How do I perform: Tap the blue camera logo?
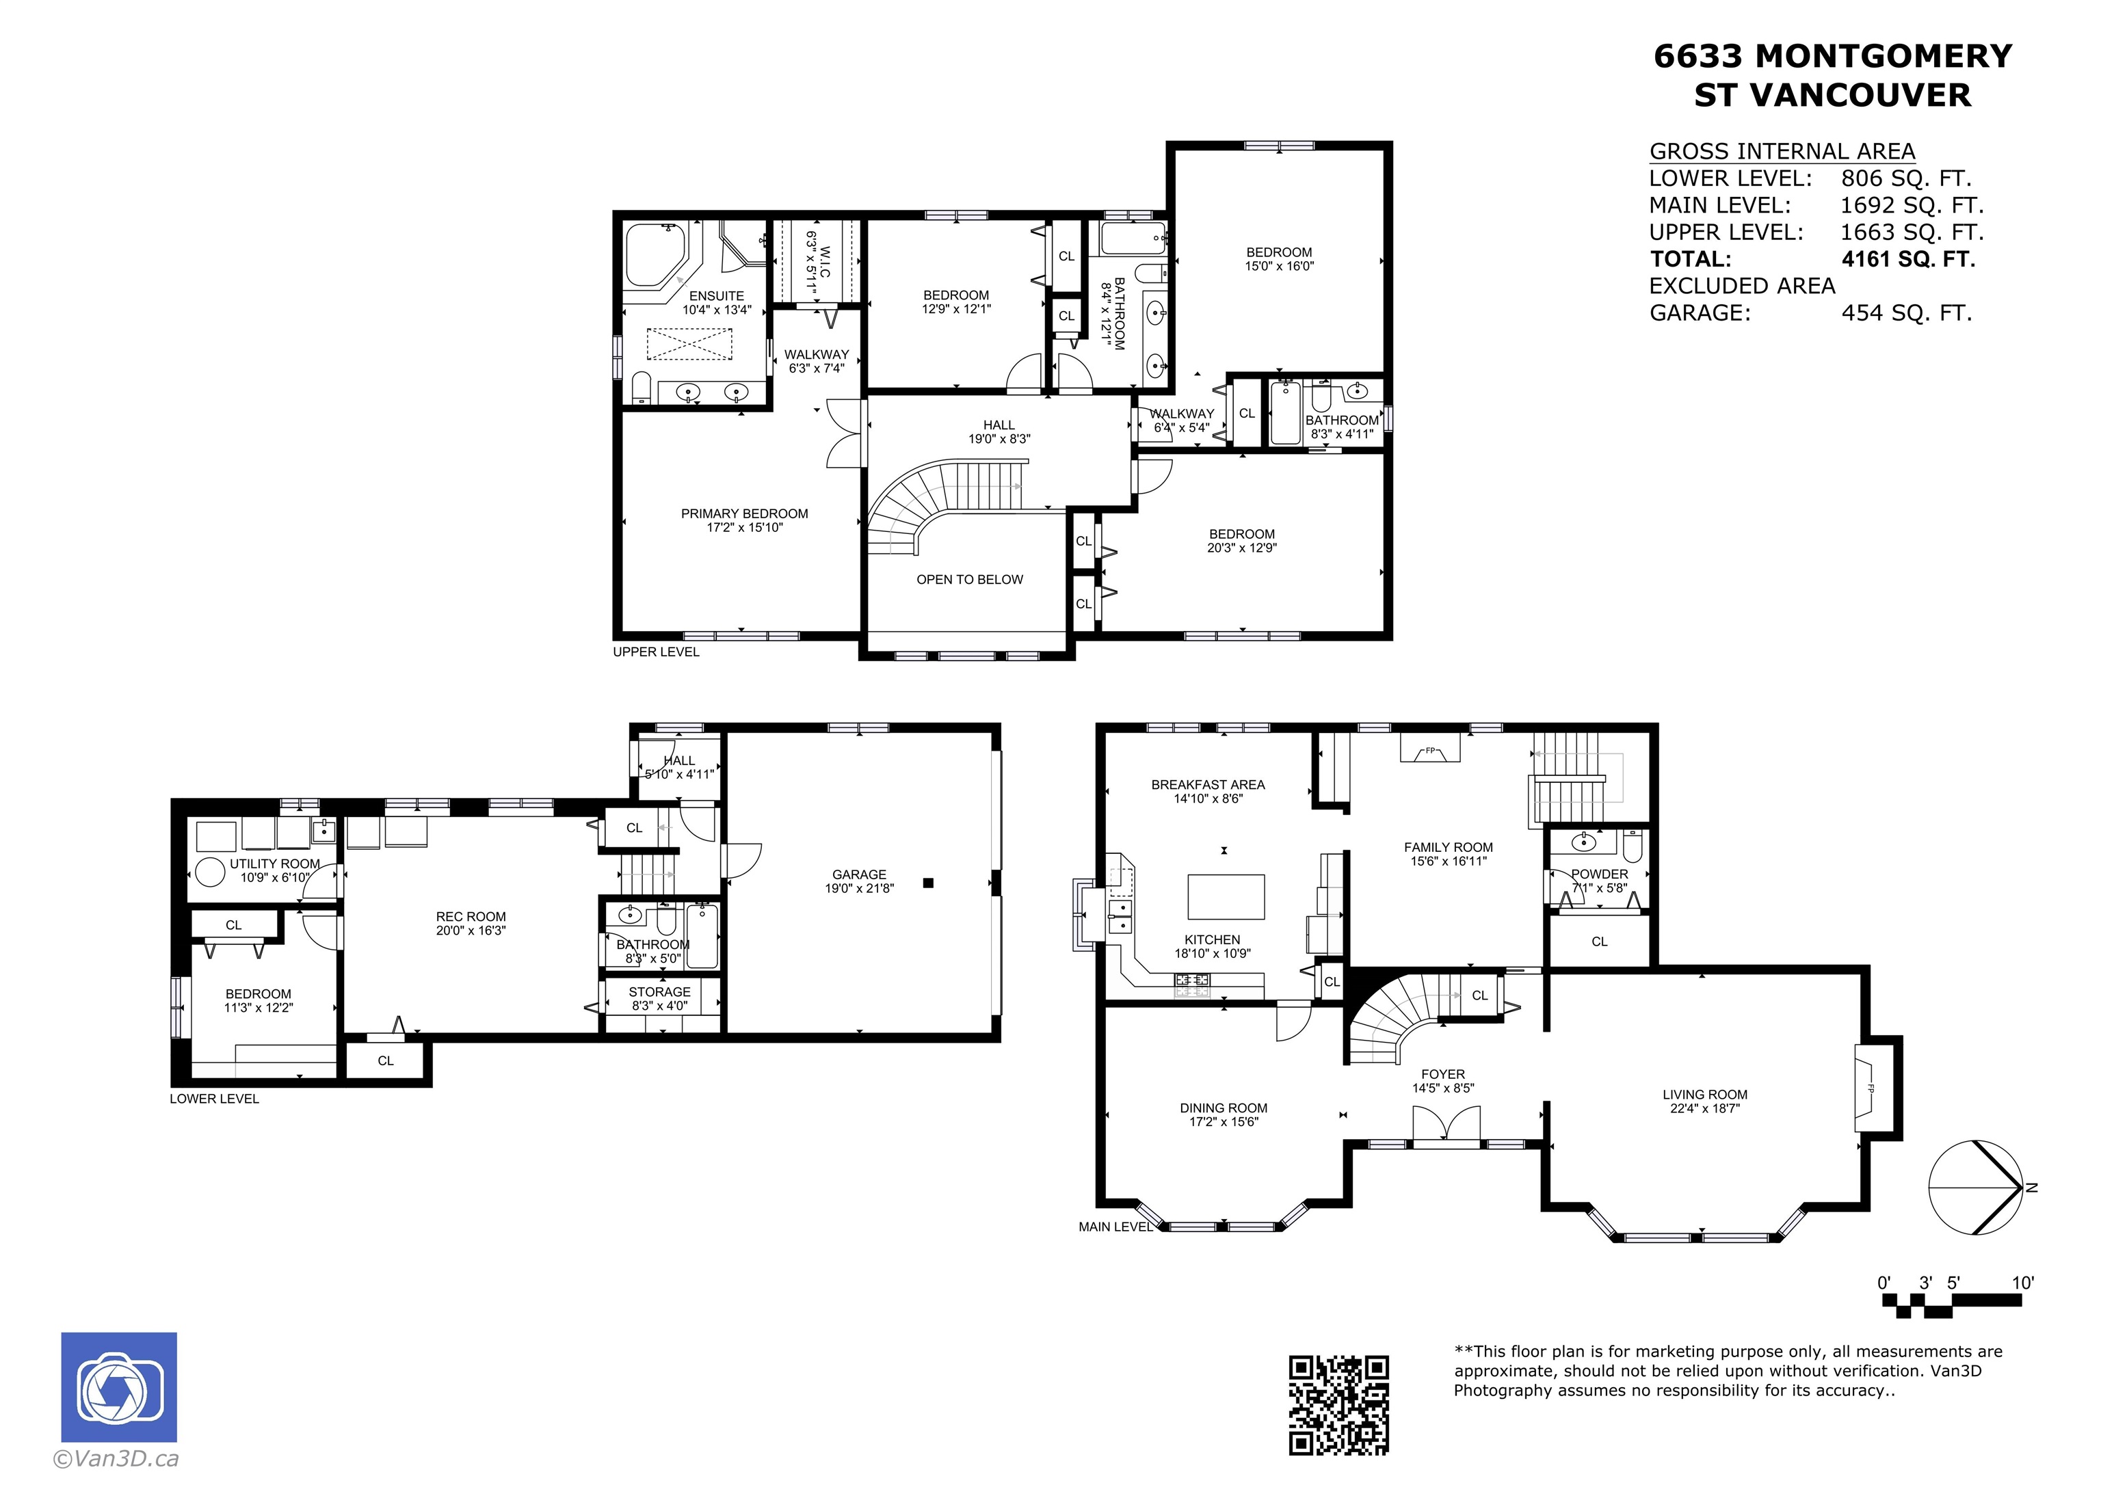click(x=119, y=1387)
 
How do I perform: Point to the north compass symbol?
click(x=1976, y=1188)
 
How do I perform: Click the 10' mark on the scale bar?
click(x=2022, y=1283)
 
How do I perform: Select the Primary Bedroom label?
click(x=744, y=513)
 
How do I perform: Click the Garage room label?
click(x=859, y=874)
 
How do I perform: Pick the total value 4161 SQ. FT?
click(x=1908, y=259)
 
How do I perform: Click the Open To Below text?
click(x=970, y=579)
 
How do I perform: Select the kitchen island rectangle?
click(x=1226, y=896)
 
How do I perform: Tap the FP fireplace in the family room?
click(x=1430, y=749)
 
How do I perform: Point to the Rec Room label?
click(x=471, y=916)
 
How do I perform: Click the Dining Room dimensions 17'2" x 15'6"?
click(x=1224, y=1122)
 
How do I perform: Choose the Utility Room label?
click(x=274, y=864)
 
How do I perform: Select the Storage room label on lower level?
click(x=660, y=992)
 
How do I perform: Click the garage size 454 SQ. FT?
click(x=1906, y=313)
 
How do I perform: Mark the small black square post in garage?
click(x=928, y=883)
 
